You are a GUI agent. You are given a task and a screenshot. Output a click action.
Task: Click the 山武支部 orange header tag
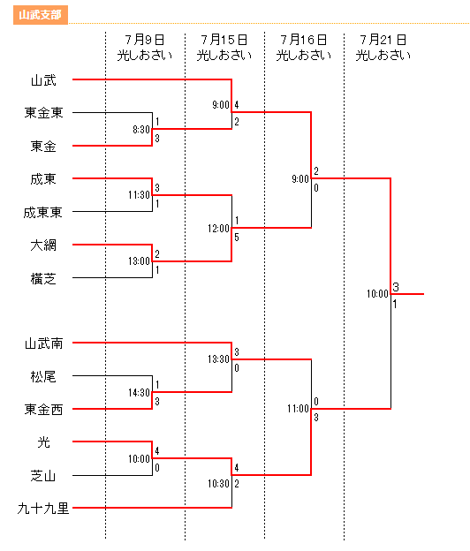coord(41,15)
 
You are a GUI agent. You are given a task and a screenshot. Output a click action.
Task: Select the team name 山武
coord(43,80)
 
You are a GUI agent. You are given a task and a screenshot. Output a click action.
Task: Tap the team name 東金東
coord(43,113)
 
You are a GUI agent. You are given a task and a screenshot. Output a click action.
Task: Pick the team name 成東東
coord(43,212)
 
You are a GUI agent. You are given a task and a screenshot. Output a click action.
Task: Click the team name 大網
coord(43,245)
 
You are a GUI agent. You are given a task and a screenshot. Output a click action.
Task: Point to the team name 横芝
coord(43,279)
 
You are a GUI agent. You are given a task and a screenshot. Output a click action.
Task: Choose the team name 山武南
coord(43,343)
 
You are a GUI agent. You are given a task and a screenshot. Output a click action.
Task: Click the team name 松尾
coord(43,377)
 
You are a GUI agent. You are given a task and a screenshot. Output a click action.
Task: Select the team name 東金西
coord(43,410)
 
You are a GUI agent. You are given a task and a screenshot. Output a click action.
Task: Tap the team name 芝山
coord(43,476)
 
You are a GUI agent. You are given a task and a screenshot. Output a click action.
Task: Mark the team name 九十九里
coord(43,508)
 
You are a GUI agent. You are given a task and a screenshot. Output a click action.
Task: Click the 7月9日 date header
coord(145,40)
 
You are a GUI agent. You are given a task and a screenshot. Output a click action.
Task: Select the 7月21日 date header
coord(383,40)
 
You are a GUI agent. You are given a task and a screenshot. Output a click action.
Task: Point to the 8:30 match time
coord(141,130)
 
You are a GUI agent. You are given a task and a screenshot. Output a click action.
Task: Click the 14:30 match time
coord(140,393)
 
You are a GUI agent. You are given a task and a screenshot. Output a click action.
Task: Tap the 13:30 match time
coord(218,359)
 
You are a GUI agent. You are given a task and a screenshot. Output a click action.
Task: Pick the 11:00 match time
coord(298,409)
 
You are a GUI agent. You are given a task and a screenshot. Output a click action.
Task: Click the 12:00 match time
coord(218,229)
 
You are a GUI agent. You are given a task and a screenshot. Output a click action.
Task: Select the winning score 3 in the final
coord(396,287)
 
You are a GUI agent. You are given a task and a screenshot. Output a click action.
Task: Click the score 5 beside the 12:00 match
coord(237,238)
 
